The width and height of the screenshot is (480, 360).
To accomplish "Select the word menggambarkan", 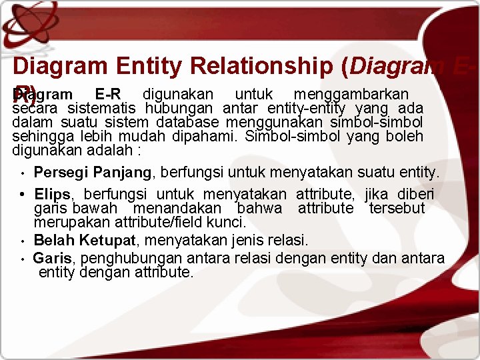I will tap(351, 94).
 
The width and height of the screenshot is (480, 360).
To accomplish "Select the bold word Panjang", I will tap(122, 173).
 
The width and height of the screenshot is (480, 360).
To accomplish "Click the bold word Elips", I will tap(53, 194).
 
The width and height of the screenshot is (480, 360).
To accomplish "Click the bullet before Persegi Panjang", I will tap(23, 174).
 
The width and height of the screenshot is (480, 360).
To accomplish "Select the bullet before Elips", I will tap(23, 195).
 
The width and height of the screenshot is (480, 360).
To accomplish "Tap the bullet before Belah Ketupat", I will tap(23, 241).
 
